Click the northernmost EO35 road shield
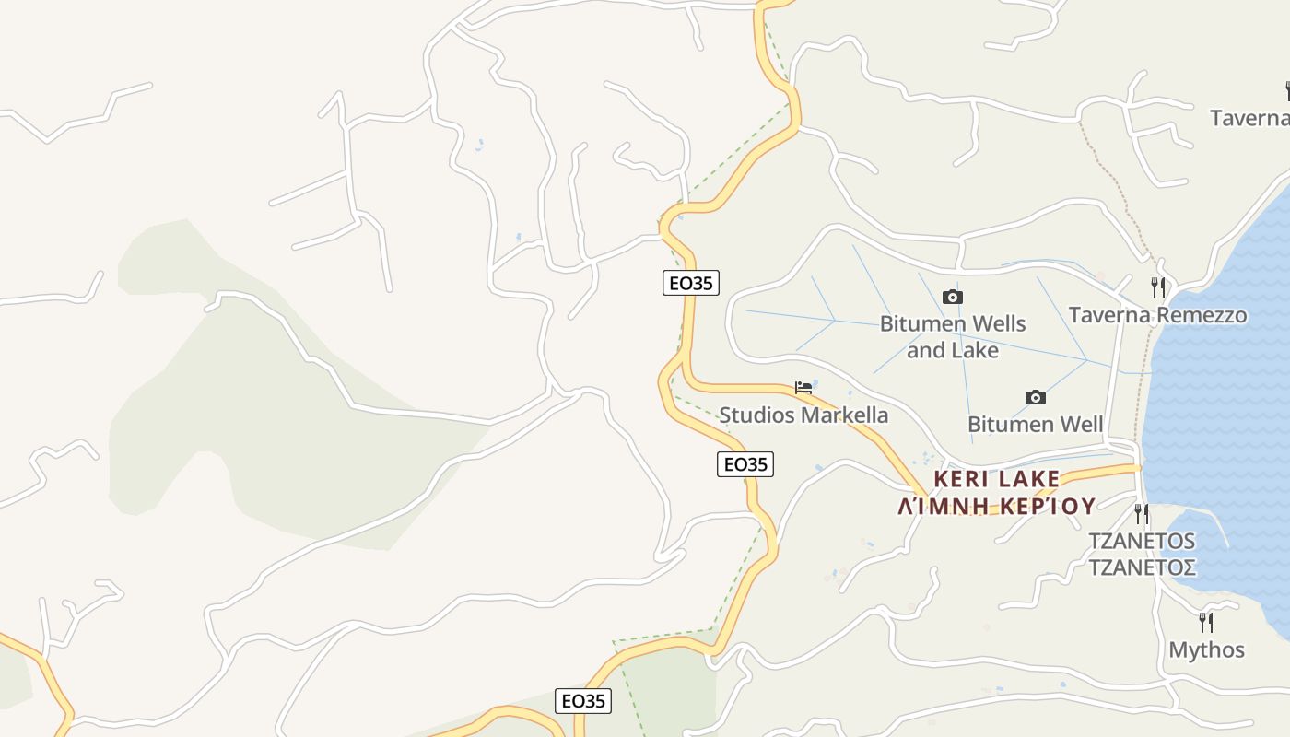[x=690, y=283]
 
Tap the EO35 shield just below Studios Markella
[x=745, y=464]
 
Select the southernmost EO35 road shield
[x=583, y=701]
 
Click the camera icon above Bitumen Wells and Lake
[x=953, y=297]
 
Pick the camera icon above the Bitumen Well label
[x=1036, y=397]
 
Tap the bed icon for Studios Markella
[x=803, y=388]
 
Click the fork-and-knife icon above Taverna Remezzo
[x=1158, y=287]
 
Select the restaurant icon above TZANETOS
[x=1142, y=513]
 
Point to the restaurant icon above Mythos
[x=1205, y=623]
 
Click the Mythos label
[x=1206, y=649]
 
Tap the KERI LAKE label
[x=997, y=479]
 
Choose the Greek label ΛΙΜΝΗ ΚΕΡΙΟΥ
[x=997, y=506]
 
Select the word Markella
[x=845, y=415]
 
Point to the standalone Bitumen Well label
[x=1035, y=425]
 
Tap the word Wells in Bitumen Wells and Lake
[x=991, y=324]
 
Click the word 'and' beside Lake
[x=925, y=350]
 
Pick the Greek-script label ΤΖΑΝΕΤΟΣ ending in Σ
[x=1143, y=567]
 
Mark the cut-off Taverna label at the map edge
[x=1249, y=118]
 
